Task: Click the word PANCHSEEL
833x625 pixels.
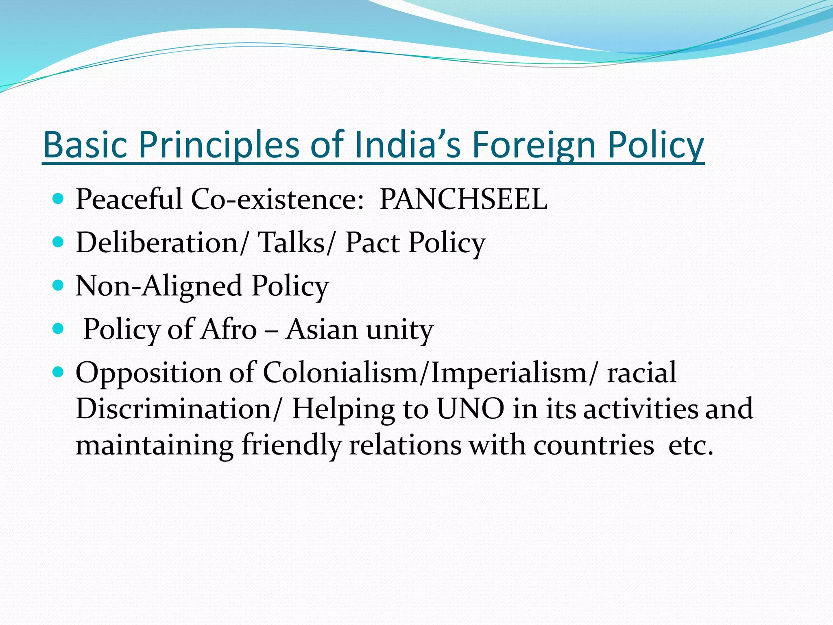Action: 463,199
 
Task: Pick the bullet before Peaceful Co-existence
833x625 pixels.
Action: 59,199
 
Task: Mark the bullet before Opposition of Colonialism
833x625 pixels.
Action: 59,372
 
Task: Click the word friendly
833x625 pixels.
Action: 291,445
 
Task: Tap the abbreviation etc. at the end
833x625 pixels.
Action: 691,445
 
